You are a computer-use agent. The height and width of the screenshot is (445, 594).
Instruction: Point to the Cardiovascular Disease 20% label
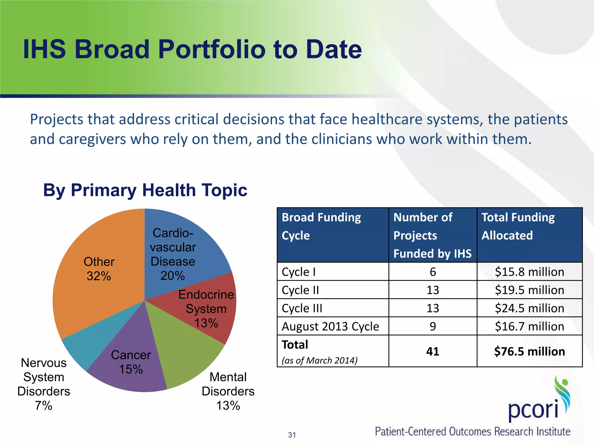[173, 254]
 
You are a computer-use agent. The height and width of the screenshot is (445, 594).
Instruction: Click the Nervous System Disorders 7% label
[44, 384]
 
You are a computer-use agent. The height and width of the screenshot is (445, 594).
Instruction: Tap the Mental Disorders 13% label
[228, 391]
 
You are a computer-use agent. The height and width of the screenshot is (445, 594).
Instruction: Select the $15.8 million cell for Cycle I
[529, 272]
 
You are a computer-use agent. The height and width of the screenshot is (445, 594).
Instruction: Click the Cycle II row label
[300, 290]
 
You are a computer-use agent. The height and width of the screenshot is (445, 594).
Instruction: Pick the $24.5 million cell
[529, 308]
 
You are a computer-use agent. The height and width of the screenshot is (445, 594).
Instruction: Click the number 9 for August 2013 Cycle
[432, 327]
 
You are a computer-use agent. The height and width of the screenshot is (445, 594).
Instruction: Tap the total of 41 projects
[432, 351]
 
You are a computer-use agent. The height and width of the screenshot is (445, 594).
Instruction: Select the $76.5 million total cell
[529, 351]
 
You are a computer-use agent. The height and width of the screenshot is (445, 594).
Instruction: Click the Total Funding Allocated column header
[518, 226]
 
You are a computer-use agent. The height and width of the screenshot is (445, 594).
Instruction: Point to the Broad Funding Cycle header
[321, 226]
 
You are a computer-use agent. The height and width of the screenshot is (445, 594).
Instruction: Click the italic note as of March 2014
[319, 360]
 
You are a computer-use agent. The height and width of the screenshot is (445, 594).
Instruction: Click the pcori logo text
[533, 410]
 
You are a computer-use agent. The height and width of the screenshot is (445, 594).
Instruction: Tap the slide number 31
[292, 435]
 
